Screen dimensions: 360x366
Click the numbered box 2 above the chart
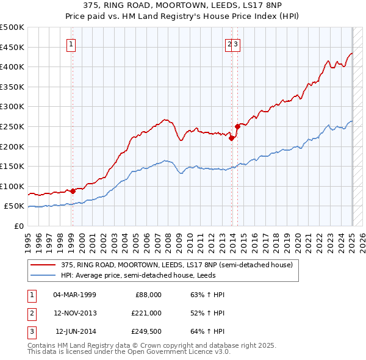point(231,44)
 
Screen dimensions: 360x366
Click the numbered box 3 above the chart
point(237,44)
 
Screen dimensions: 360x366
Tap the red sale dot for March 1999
point(73,191)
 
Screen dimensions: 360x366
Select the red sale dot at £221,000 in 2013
point(232,138)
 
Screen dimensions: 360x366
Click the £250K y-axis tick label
point(12,126)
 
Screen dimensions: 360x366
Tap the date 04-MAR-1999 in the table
point(74,295)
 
